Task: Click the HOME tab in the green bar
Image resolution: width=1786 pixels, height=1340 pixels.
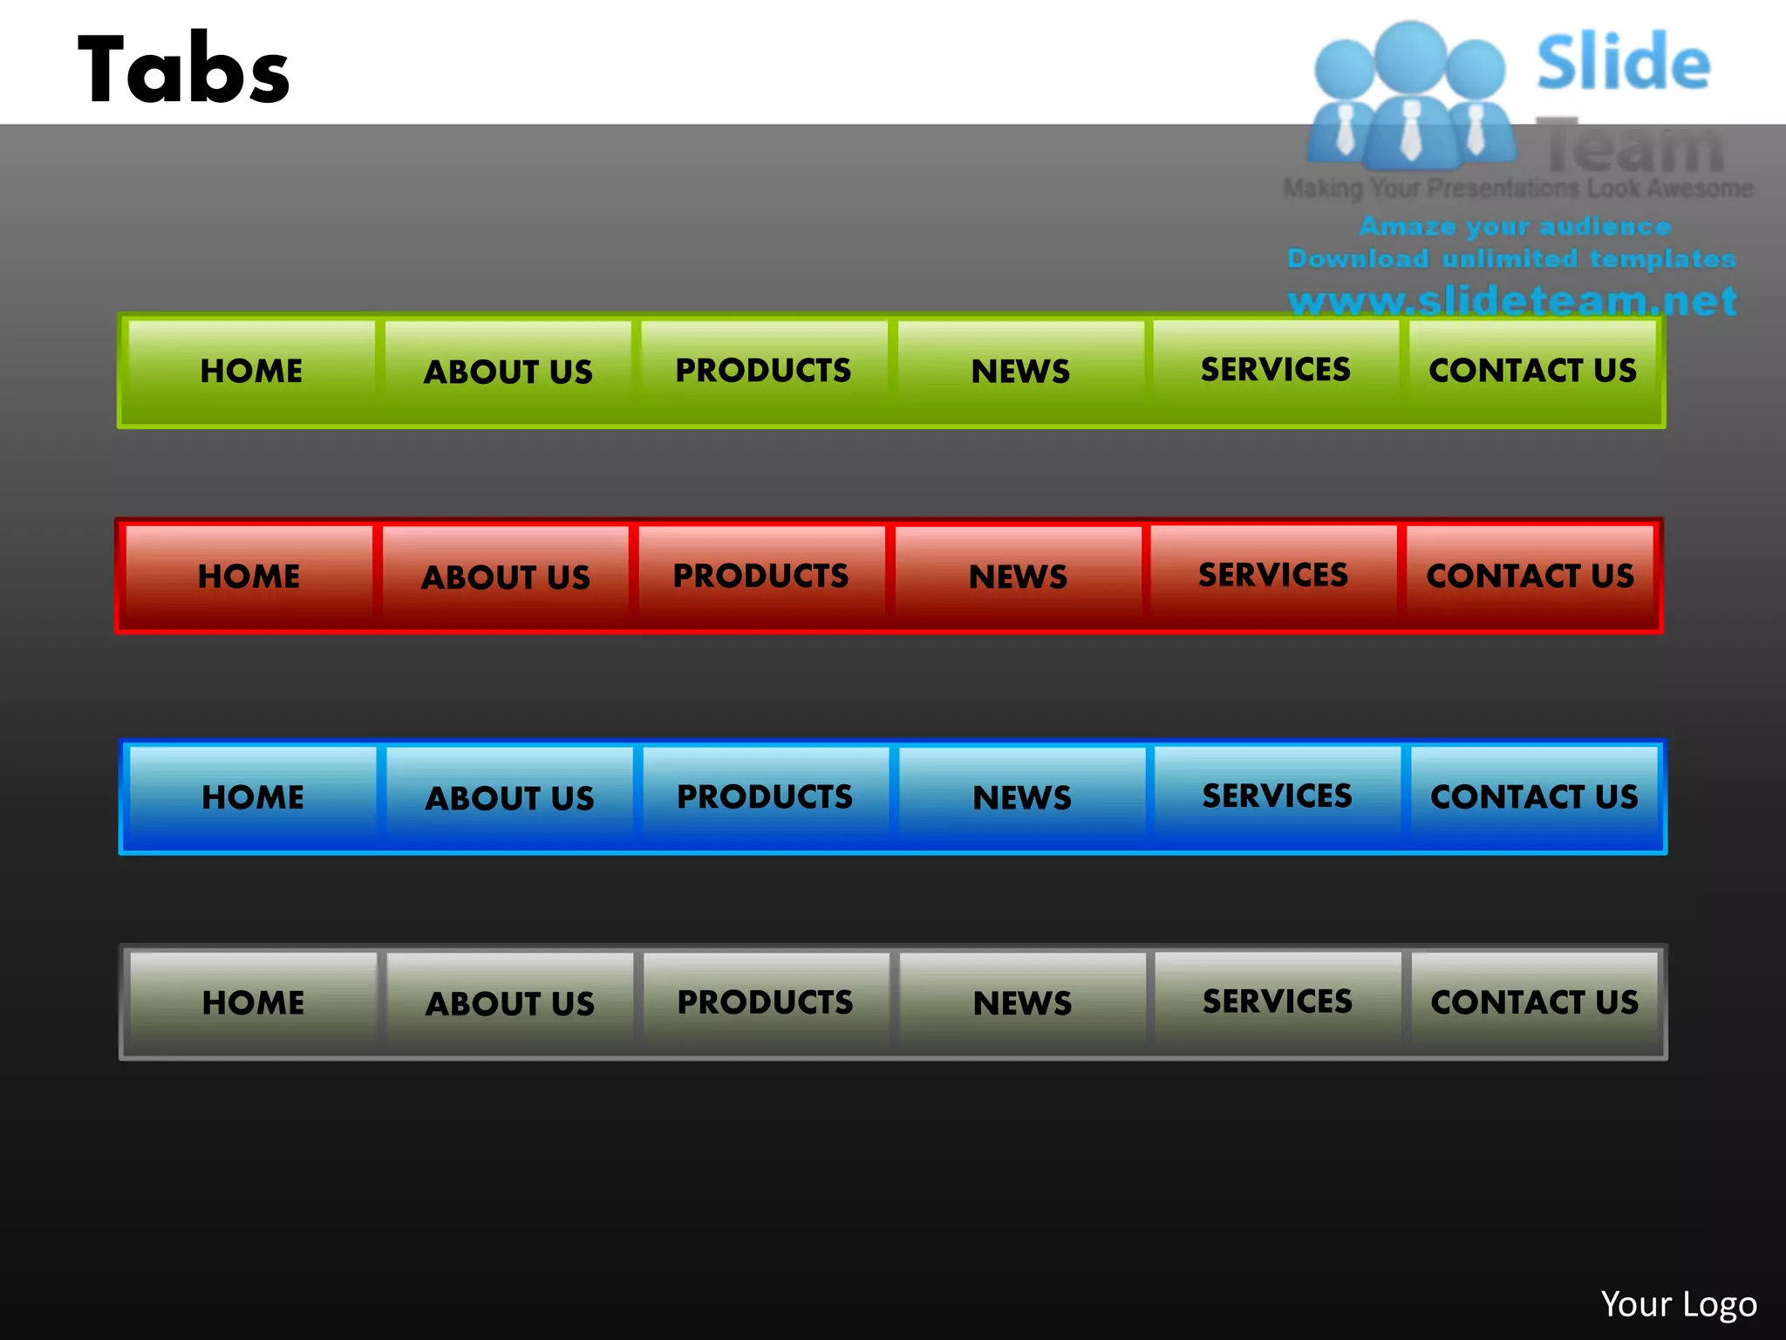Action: coord(251,371)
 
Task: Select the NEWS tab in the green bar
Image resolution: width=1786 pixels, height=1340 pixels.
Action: coord(1020,371)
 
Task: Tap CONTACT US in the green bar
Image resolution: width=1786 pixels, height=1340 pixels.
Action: coord(1532,371)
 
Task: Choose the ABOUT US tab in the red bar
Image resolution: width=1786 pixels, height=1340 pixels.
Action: coord(506,577)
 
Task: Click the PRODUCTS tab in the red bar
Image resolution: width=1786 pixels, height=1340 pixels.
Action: coord(761,576)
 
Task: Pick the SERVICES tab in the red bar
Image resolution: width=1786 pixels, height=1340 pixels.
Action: coord(1273,575)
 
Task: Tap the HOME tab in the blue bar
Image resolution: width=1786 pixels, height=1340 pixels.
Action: coord(253,797)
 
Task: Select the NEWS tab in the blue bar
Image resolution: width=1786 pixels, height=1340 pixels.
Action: coord(1022,797)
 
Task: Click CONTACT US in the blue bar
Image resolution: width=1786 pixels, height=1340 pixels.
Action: coord(1534,796)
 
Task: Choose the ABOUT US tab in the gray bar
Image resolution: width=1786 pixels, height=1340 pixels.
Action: coord(510,1003)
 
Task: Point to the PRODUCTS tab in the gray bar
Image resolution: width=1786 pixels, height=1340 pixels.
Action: coord(766,1002)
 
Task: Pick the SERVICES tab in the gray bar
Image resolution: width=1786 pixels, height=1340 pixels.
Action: coord(1278,1002)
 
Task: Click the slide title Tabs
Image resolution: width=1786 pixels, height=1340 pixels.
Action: coord(184,70)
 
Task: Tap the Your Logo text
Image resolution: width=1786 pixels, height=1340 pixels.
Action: coord(1679,1304)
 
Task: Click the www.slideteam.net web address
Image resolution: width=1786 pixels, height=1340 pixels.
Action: coord(1512,301)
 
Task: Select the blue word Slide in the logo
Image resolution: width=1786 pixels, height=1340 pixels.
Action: coord(1623,63)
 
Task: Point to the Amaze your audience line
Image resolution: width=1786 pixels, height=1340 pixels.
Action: coord(1515,227)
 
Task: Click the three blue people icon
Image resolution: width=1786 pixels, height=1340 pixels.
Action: coord(1410,96)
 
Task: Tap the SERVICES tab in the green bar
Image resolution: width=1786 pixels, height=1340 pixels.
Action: coord(1276,370)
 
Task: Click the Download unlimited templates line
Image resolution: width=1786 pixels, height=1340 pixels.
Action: coord(1511,259)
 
